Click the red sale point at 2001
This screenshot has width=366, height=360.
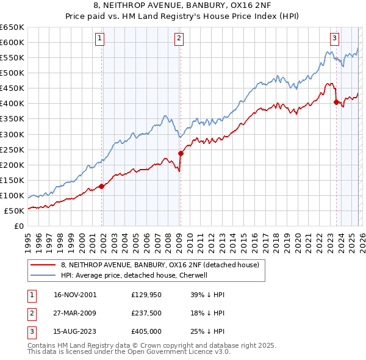coord(102,186)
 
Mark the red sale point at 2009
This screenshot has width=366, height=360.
coord(181,153)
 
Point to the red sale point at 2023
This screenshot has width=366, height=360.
coord(336,102)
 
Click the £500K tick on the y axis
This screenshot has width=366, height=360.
coord(13,73)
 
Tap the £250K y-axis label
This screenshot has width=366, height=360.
coord(13,149)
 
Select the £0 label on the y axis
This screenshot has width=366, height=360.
coord(19,226)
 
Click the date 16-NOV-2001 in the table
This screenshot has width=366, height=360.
coord(75,295)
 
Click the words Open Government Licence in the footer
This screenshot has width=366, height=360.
coord(181,352)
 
